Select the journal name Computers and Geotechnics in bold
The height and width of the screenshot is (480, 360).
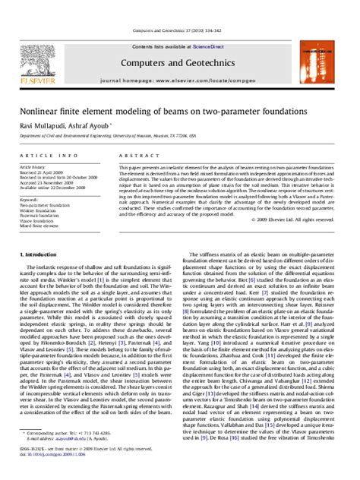[180, 61]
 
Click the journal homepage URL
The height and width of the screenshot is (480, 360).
[180, 80]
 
